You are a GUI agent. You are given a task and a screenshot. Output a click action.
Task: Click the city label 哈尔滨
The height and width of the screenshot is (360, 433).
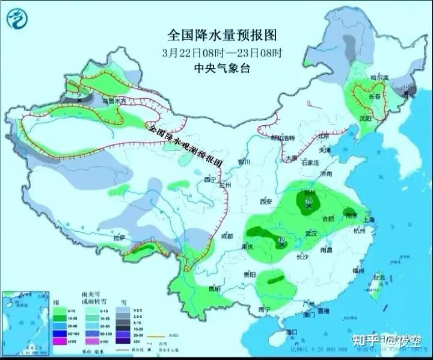(x=379, y=78)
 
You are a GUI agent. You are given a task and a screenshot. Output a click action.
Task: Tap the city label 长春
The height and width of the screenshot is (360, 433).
(x=375, y=96)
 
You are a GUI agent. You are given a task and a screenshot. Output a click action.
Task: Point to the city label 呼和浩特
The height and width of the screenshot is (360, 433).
(x=283, y=138)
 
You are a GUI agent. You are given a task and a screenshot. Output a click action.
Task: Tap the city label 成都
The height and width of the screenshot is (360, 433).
(x=227, y=236)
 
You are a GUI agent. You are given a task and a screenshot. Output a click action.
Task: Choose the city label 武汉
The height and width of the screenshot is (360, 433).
(x=310, y=232)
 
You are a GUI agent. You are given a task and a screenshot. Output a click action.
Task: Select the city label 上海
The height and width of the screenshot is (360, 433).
(x=369, y=220)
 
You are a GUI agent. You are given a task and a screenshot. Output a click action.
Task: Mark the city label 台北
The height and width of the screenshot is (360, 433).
(x=378, y=278)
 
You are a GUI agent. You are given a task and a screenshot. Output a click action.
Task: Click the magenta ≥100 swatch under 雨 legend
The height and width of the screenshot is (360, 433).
(x=60, y=341)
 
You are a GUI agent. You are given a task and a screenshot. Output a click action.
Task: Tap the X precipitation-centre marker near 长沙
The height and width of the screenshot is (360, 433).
(x=282, y=243)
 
